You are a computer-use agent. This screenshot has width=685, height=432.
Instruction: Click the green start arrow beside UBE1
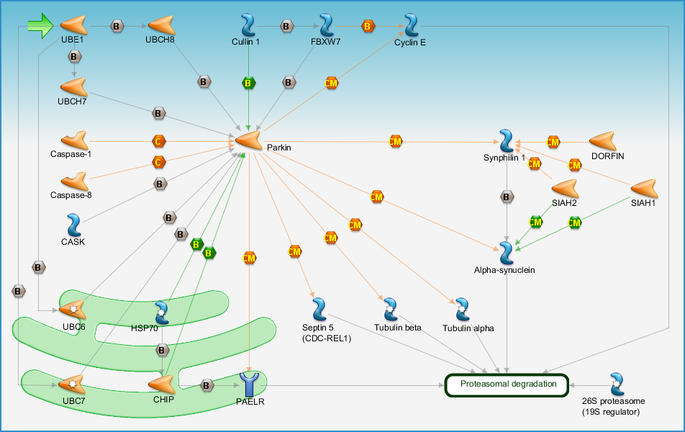[x=40, y=26]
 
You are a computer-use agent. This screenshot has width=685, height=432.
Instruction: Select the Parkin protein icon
[x=248, y=140]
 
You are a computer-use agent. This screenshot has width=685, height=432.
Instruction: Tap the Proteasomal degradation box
[x=507, y=385]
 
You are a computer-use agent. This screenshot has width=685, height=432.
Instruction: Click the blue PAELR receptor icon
[x=250, y=384]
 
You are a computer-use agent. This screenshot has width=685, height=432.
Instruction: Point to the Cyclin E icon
[x=411, y=25]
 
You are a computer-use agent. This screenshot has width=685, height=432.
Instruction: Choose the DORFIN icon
[x=602, y=141]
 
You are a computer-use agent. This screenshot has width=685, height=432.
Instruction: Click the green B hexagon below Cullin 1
[x=248, y=83]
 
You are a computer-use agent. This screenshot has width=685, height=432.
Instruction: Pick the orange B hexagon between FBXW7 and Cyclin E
[x=368, y=26]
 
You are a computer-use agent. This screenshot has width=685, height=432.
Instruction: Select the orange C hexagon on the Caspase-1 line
[x=158, y=141]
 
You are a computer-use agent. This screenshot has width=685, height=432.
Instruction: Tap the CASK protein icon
[x=74, y=225]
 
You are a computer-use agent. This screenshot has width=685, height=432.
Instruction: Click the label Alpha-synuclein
[x=504, y=270]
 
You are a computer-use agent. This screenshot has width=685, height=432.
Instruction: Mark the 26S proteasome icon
[x=617, y=384]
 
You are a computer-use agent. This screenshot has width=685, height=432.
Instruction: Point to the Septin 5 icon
[x=319, y=309]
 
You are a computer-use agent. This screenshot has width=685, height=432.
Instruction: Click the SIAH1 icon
[x=645, y=188]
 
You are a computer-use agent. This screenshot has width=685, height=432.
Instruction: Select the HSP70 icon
[x=162, y=312]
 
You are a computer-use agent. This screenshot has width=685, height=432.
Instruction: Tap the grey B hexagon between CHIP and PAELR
[x=207, y=386]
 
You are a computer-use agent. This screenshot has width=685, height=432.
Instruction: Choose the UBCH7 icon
[x=74, y=87]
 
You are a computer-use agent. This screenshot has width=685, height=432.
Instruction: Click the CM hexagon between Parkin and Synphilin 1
[x=395, y=141]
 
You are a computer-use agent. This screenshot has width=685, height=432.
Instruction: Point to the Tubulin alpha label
[x=468, y=328]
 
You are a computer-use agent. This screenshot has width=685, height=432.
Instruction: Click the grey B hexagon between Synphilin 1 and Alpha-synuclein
[x=507, y=197]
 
